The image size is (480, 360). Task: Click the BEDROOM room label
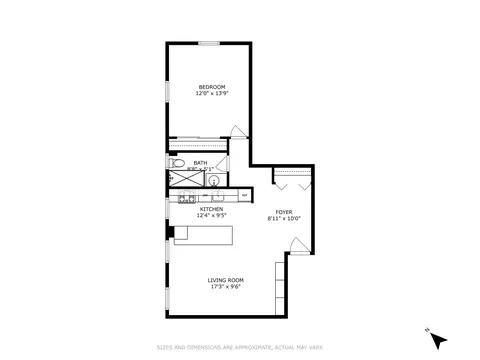tap(210, 87)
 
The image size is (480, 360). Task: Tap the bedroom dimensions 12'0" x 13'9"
tap(210, 94)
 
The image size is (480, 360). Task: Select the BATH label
tap(201, 162)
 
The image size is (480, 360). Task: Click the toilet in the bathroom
tap(176, 161)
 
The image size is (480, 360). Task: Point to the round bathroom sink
tap(212, 181)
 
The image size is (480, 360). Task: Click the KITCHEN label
tap(210, 209)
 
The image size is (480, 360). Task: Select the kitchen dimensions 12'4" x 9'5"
tap(210, 216)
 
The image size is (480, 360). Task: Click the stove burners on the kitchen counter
tap(184, 198)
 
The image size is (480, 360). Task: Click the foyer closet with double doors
tap(294, 177)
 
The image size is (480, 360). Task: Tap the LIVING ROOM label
tap(226, 279)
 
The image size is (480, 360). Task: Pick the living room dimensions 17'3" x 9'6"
tap(226, 286)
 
